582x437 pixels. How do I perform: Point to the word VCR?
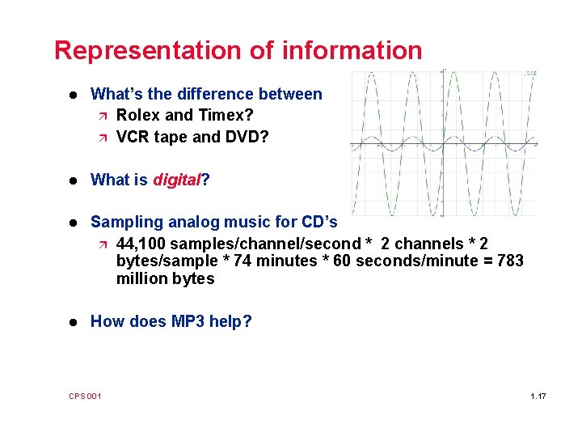133,137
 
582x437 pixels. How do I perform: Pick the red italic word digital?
176,180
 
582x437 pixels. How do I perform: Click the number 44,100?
143,244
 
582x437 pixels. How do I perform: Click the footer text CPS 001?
85,396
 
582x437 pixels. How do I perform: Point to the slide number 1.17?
538,396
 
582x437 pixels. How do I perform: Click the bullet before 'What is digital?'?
74,180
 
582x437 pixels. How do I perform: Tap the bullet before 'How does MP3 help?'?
74,322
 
